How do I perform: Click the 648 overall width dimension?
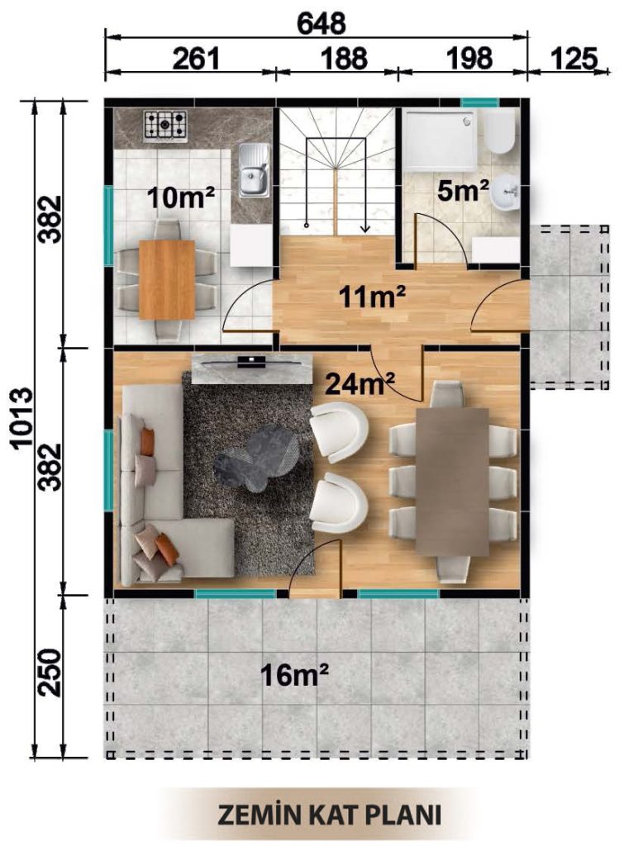pyautogui.click(x=321, y=23)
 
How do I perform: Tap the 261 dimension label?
pyautogui.click(x=197, y=58)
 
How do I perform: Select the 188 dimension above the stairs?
pyautogui.click(x=344, y=58)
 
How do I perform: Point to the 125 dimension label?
pyautogui.click(x=574, y=58)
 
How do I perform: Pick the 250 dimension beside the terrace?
pyautogui.click(x=50, y=673)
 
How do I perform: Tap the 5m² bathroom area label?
pyautogui.click(x=463, y=190)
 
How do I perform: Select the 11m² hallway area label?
pyautogui.click(x=372, y=297)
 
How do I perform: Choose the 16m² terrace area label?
pyautogui.click(x=295, y=675)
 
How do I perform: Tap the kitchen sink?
pyautogui.click(x=254, y=170)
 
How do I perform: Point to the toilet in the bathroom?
pyautogui.click(x=498, y=132)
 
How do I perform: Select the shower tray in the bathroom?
pyautogui.click(x=441, y=140)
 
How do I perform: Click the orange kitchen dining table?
pyautogui.click(x=167, y=280)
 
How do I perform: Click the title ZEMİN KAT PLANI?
pyautogui.click(x=328, y=814)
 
